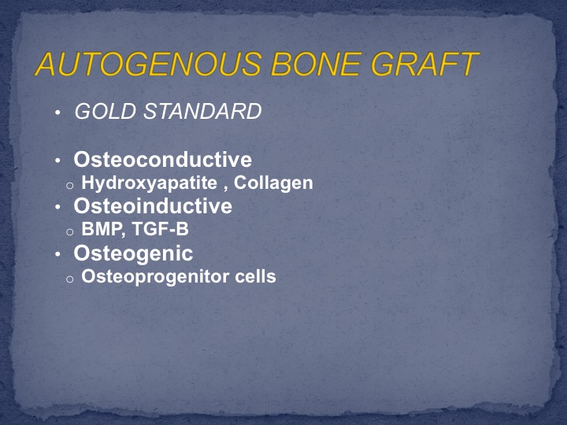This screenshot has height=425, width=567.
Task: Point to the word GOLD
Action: pos(106,111)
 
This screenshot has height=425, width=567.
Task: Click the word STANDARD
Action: pos(202,111)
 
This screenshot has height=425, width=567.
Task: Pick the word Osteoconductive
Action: pos(163,159)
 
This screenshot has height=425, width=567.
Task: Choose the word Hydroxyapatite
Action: pos(150,183)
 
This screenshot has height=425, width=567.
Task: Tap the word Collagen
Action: pos(273,183)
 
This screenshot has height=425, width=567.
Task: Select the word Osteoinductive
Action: pos(153,206)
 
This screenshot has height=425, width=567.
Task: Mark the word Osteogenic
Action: pos(133,253)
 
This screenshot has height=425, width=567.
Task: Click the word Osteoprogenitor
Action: pos(155,277)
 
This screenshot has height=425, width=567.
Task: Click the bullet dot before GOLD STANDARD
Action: pos(57,113)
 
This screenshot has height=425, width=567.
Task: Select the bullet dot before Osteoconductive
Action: pos(57,161)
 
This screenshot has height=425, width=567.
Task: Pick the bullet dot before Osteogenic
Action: pos(57,254)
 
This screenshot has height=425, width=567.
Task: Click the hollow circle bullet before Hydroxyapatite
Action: pos(70,186)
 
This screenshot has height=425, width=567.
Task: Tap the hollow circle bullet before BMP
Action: pos(70,232)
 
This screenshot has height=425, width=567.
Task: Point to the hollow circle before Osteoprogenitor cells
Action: pos(70,279)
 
